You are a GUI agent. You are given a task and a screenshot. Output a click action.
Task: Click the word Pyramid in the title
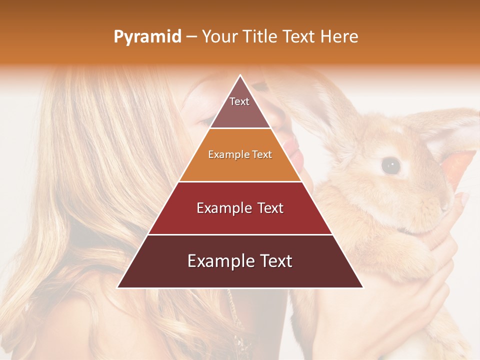pyautogui.click(x=147, y=36)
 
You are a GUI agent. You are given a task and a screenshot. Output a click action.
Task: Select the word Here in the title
pyautogui.click(x=339, y=36)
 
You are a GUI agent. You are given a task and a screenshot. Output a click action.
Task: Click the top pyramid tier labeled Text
pyautogui.click(x=239, y=107)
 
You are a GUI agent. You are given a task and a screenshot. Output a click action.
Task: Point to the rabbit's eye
pyautogui.click(x=390, y=165)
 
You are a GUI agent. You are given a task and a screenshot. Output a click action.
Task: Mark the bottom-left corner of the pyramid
pyautogui.click(x=118, y=287)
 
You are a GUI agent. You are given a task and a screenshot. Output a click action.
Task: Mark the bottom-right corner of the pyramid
pyautogui.click(x=362, y=287)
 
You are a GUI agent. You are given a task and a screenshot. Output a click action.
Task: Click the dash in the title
pyautogui.click(x=191, y=37)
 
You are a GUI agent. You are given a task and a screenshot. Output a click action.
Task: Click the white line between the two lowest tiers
pyautogui.click(x=240, y=234)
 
